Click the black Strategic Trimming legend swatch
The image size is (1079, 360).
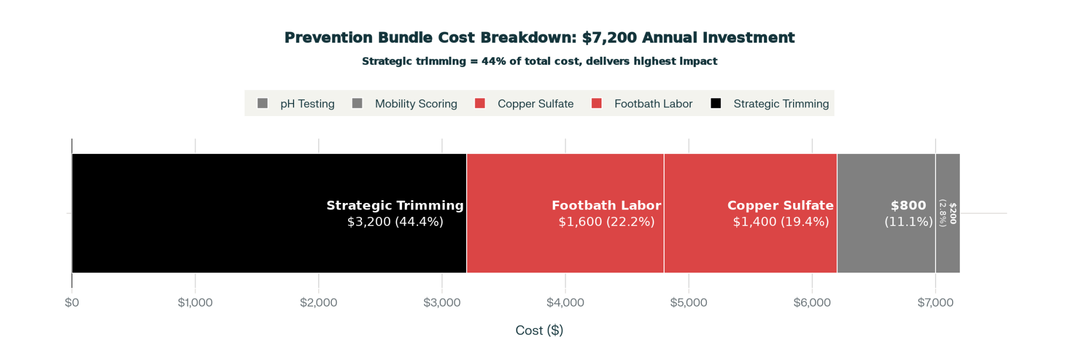click(x=716, y=103)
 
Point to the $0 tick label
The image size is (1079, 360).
click(x=72, y=303)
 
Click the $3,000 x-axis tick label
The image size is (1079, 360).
click(x=442, y=303)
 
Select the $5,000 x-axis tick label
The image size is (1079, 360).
click(x=688, y=303)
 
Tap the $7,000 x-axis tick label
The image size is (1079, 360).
click(x=935, y=303)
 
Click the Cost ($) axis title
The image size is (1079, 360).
click(x=539, y=330)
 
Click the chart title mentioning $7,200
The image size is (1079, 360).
click(x=539, y=38)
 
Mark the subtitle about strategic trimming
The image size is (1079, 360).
click(x=539, y=62)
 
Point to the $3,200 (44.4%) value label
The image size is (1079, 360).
click(x=395, y=222)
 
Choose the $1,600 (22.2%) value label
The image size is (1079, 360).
click(x=606, y=222)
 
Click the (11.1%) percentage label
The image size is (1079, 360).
click(x=909, y=222)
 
